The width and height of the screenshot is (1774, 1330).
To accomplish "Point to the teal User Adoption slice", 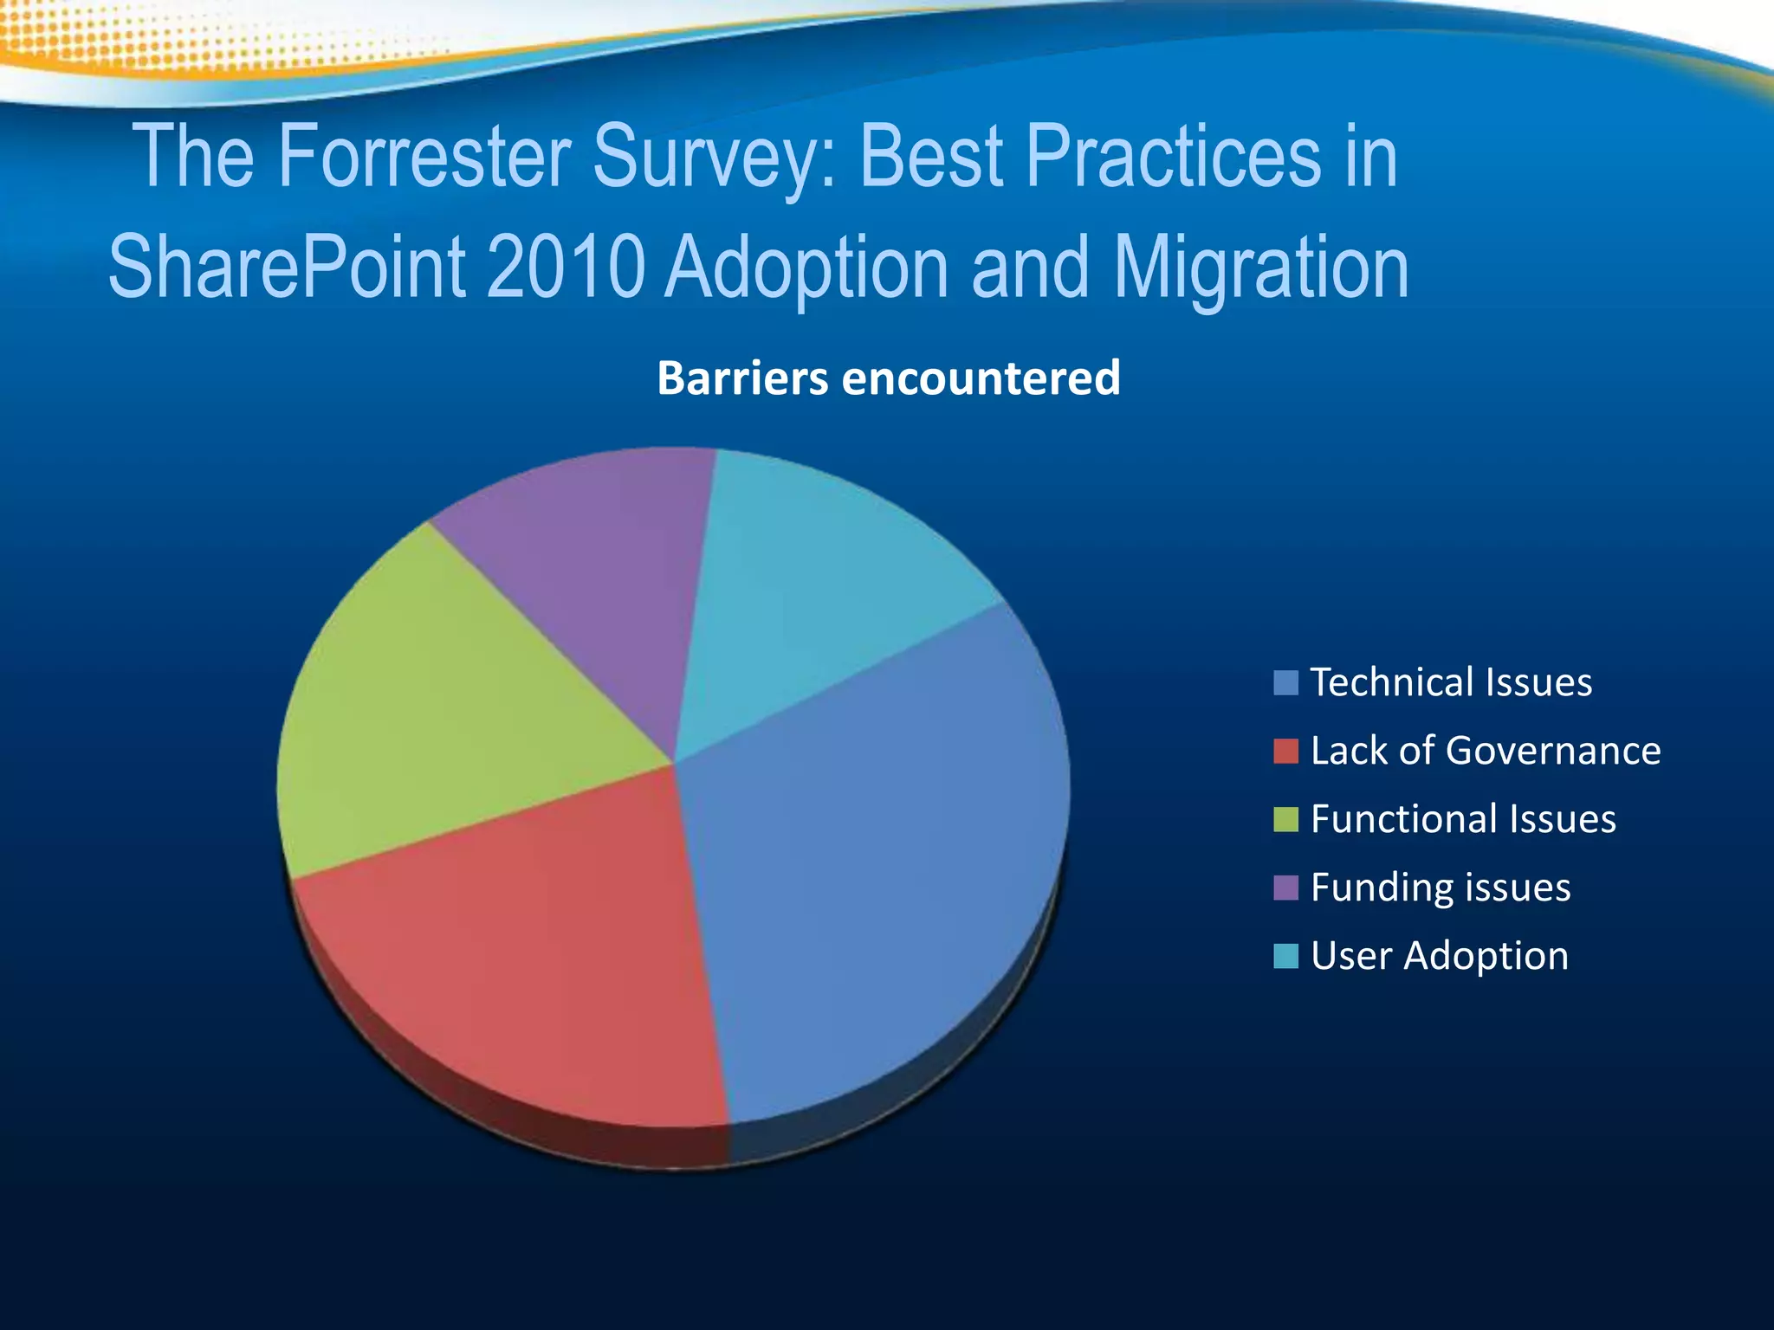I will [823, 589].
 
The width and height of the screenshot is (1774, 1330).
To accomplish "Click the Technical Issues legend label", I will [1451, 682].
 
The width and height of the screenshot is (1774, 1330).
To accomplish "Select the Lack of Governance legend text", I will [1485, 751].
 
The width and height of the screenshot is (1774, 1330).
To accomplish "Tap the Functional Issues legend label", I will [1462, 819].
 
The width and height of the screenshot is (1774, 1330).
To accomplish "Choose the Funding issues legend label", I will [1440, 888].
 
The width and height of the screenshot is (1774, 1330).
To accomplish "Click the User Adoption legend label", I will [1439, 956].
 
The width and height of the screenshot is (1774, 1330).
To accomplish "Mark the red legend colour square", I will [1285, 751].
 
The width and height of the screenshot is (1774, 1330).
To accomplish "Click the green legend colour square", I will [1285, 819].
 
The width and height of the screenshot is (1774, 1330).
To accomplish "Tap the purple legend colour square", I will [1285, 888].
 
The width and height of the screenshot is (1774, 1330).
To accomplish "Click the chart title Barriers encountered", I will [888, 378].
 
